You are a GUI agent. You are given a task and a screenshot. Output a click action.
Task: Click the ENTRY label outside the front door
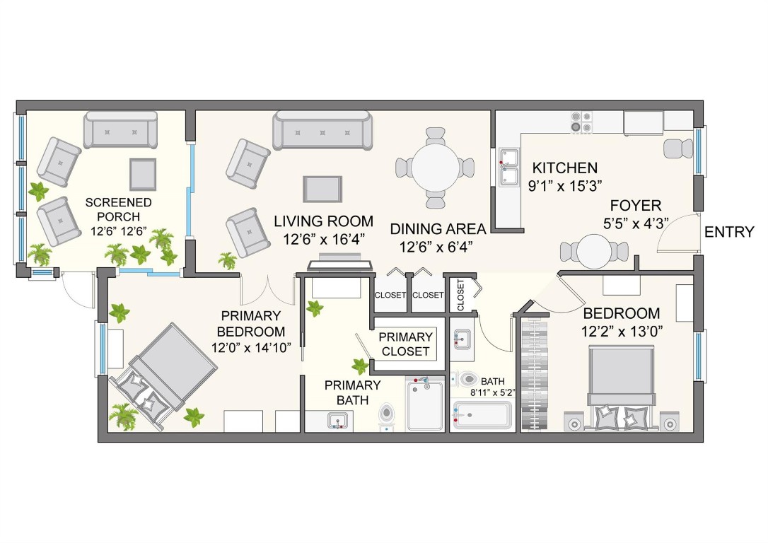tap(729, 233)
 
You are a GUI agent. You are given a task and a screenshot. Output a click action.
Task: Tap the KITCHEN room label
tap(564, 168)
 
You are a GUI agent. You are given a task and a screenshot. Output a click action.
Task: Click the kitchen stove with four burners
tap(581, 122)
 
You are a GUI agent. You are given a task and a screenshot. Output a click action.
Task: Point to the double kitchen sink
tap(508, 167)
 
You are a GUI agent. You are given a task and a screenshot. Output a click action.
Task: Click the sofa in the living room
tap(323, 130)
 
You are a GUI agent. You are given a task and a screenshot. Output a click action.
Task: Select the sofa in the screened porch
tap(120, 129)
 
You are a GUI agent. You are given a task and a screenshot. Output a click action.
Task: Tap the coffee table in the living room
tap(322, 189)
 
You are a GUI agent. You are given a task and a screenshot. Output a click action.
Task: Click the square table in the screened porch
tap(142, 174)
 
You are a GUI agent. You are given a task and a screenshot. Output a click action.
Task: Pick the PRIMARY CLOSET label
tap(405, 344)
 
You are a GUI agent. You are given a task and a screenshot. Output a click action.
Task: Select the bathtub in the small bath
tap(482, 415)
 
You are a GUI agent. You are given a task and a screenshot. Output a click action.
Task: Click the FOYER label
tap(636, 206)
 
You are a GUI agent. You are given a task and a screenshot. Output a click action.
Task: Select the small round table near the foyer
tap(593, 251)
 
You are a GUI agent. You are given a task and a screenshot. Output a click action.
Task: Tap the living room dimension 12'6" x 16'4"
tap(322, 240)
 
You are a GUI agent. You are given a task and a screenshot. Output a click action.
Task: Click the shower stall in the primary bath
tap(426, 405)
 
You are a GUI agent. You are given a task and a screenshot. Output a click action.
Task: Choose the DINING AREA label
tap(438, 229)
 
